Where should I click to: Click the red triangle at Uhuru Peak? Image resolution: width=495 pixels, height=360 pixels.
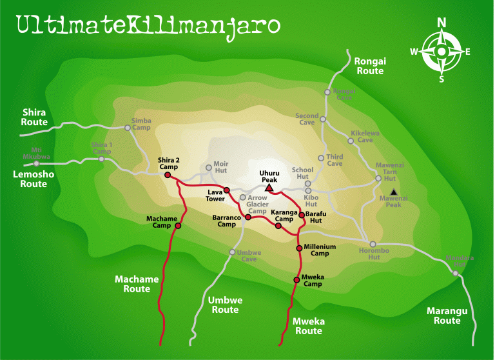click(x=269, y=188)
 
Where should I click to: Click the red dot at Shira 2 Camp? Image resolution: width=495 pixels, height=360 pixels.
click(x=168, y=175)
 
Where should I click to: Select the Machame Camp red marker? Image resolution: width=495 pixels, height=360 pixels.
click(x=178, y=226)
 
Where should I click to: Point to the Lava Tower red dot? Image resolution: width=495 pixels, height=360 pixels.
click(x=227, y=190)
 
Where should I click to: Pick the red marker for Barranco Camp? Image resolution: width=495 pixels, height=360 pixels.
click(x=248, y=217)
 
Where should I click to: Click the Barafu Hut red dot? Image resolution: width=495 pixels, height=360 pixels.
click(x=301, y=214)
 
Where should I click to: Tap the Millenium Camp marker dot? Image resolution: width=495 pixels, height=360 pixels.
click(x=299, y=248)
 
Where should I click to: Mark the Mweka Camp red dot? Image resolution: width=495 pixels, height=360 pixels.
click(x=296, y=279)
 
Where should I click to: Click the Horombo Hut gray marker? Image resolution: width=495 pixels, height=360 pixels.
click(x=373, y=244)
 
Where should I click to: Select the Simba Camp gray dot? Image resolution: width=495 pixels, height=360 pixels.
click(x=128, y=128)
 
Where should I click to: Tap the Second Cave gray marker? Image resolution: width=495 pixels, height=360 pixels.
click(x=323, y=119)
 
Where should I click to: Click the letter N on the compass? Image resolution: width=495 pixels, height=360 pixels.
click(x=442, y=23)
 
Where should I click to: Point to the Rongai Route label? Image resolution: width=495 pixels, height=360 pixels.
click(x=370, y=66)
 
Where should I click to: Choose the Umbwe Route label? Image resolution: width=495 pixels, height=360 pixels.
click(x=224, y=305)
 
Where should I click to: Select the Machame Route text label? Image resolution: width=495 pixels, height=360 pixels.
click(x=137, y=284)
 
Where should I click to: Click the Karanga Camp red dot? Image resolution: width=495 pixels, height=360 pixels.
click(x=278, y=226)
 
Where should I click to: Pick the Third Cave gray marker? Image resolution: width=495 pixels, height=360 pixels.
click(x=321, y=158)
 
